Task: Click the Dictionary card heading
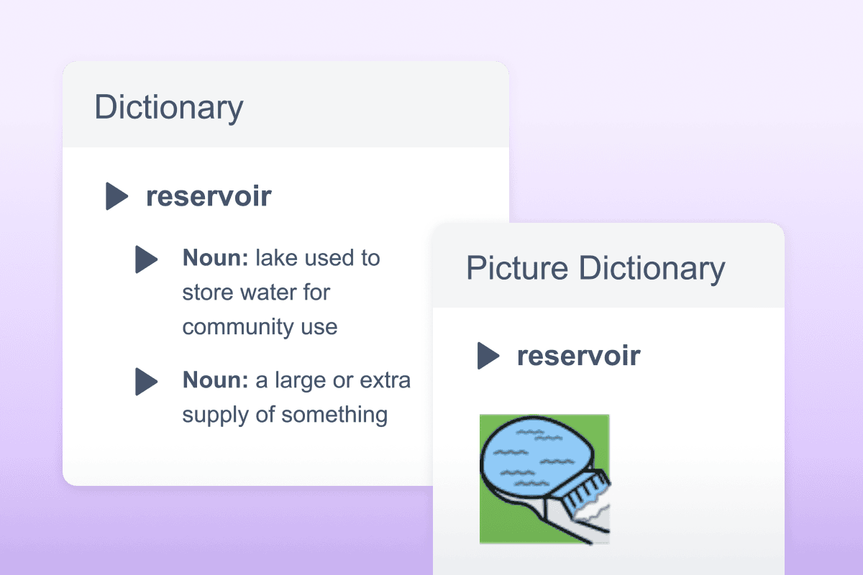point(169,107)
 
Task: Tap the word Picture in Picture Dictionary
point(518,268)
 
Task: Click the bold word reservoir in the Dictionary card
point(209,196)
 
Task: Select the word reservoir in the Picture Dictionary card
point(579,356)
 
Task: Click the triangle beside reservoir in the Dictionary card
point(117,196)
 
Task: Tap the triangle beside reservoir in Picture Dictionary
point(488,356)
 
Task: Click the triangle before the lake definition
point(146,259)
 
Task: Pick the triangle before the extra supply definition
point(146,381)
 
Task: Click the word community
point(229,327)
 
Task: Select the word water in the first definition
point(268,293)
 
